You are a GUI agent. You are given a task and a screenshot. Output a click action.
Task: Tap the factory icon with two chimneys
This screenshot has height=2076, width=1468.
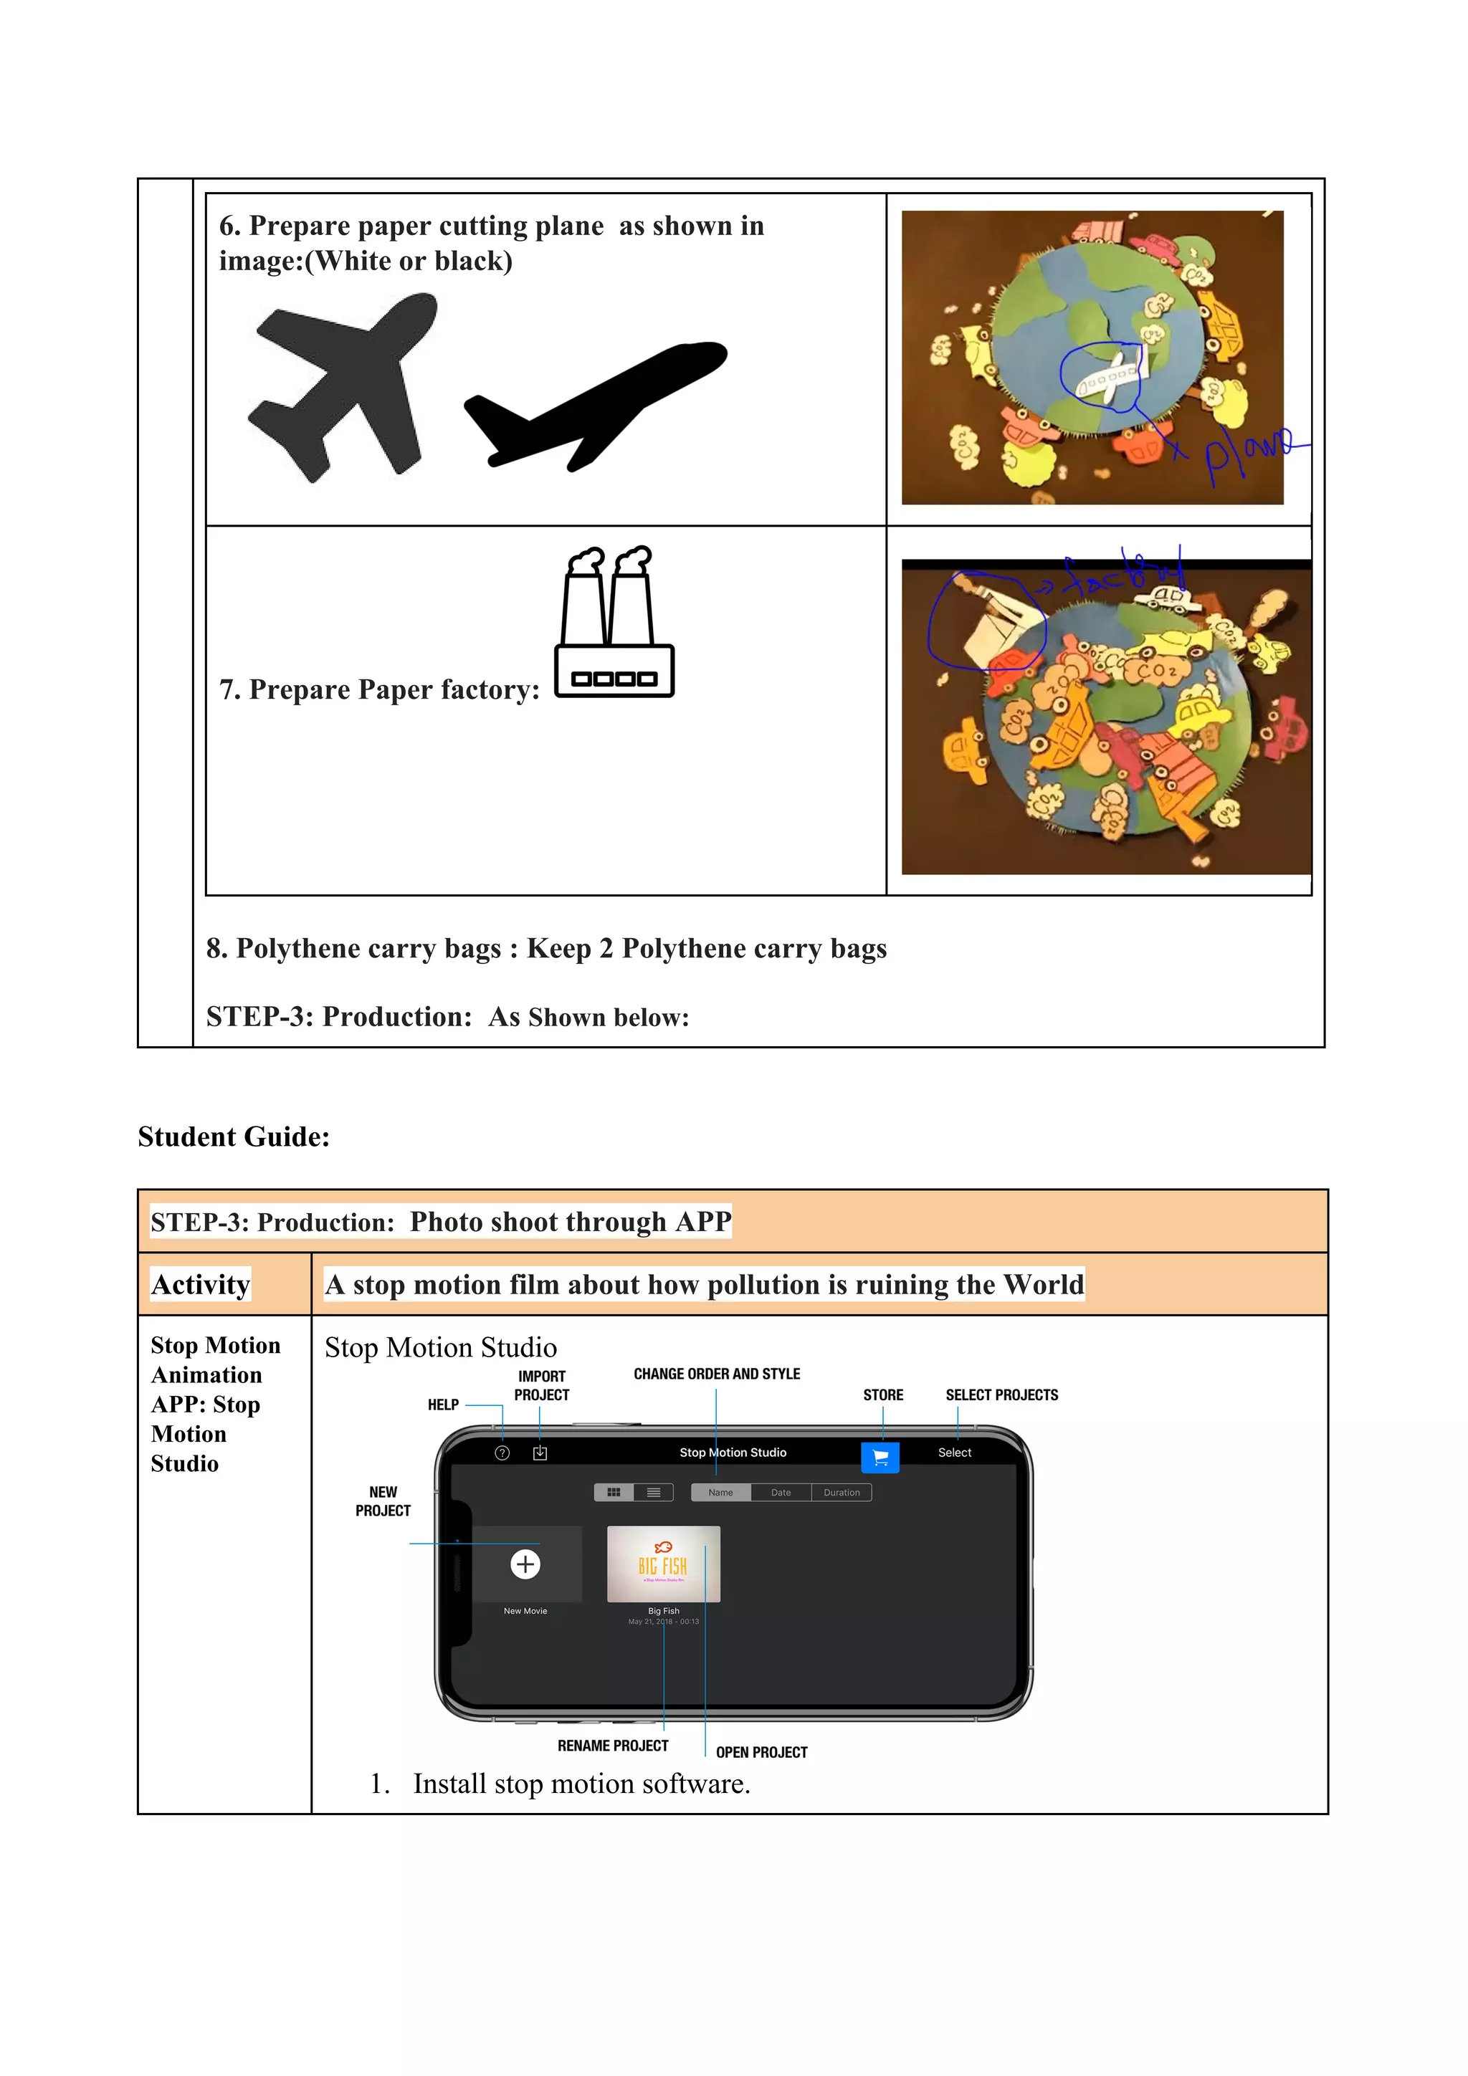tap(614, 624)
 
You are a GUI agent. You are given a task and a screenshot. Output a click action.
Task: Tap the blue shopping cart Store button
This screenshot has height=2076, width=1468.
tap(880, 1457)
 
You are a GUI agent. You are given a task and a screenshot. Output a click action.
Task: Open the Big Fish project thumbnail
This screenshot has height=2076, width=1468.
tap(663, 1564)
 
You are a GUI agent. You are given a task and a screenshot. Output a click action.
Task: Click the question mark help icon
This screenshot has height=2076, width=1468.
tap(503, 1453)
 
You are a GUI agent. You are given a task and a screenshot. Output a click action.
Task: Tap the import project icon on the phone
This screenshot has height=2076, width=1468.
tap(540, 1453)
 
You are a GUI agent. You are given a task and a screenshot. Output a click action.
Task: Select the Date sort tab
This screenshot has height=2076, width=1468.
tap(781, 1493)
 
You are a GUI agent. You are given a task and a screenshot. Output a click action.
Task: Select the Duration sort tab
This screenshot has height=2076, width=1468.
tap(842, 1493)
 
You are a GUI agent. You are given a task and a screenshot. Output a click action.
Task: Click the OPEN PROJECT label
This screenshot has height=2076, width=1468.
tap(761, 1751)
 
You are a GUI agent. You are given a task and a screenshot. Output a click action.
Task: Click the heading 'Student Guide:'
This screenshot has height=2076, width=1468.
tap(234, 1137)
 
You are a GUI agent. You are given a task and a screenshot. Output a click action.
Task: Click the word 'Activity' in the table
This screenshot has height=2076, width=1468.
tap(201, 1284)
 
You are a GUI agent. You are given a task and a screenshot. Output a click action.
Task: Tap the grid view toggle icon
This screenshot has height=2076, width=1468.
tap(614, 1493)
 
